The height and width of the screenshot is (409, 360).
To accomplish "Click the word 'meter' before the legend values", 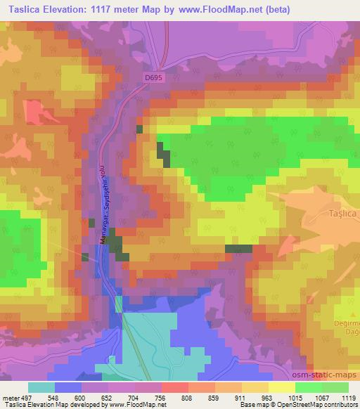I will coord(11,398).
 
